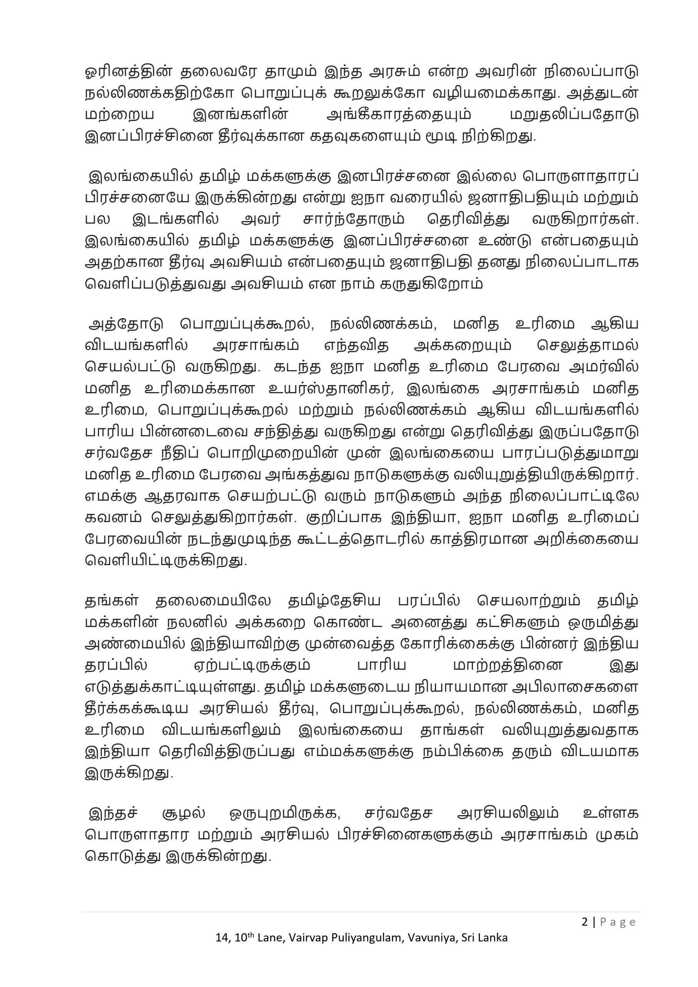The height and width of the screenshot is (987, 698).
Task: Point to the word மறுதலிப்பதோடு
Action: coord(574,115)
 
